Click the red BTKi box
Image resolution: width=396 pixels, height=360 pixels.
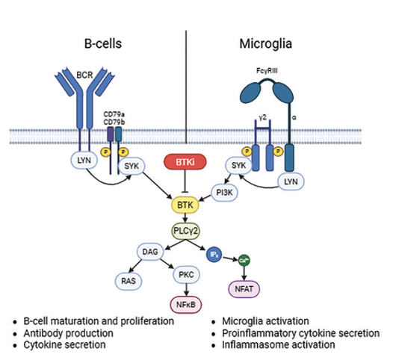point(183,161)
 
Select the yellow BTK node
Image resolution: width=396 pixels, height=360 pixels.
point(183,203)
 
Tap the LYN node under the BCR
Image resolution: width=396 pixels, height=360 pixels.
point(84,161)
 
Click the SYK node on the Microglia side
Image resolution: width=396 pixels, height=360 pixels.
point(239,166)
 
